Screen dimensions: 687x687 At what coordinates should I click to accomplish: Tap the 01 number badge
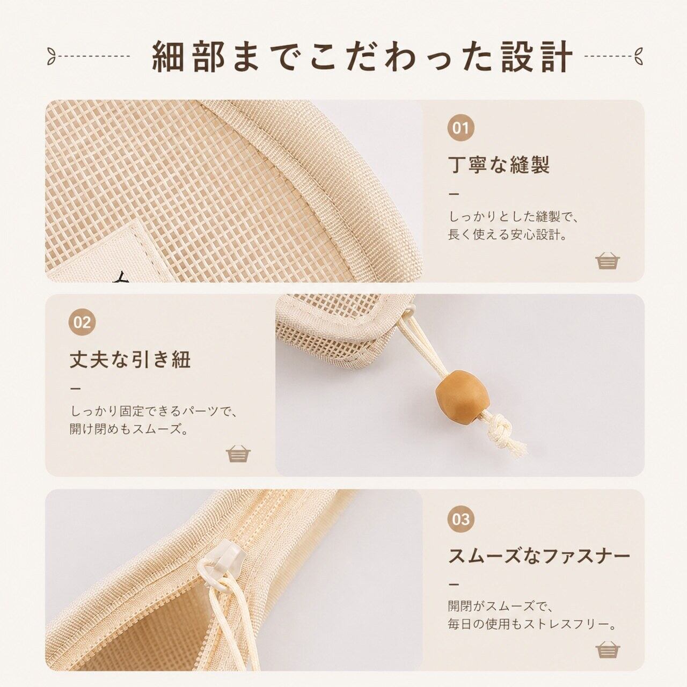461,128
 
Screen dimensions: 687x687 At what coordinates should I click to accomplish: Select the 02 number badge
82,322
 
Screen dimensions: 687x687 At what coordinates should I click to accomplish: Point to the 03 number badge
461,519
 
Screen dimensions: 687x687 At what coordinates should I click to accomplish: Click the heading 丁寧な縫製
499,164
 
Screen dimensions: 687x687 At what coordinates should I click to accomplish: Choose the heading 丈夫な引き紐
130,359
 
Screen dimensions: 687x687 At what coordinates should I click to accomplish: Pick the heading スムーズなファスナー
539,556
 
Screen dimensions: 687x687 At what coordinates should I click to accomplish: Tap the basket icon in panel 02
238,454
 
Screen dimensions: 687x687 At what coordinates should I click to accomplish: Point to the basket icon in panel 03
608,649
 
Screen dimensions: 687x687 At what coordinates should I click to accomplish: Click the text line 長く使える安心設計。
508,236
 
